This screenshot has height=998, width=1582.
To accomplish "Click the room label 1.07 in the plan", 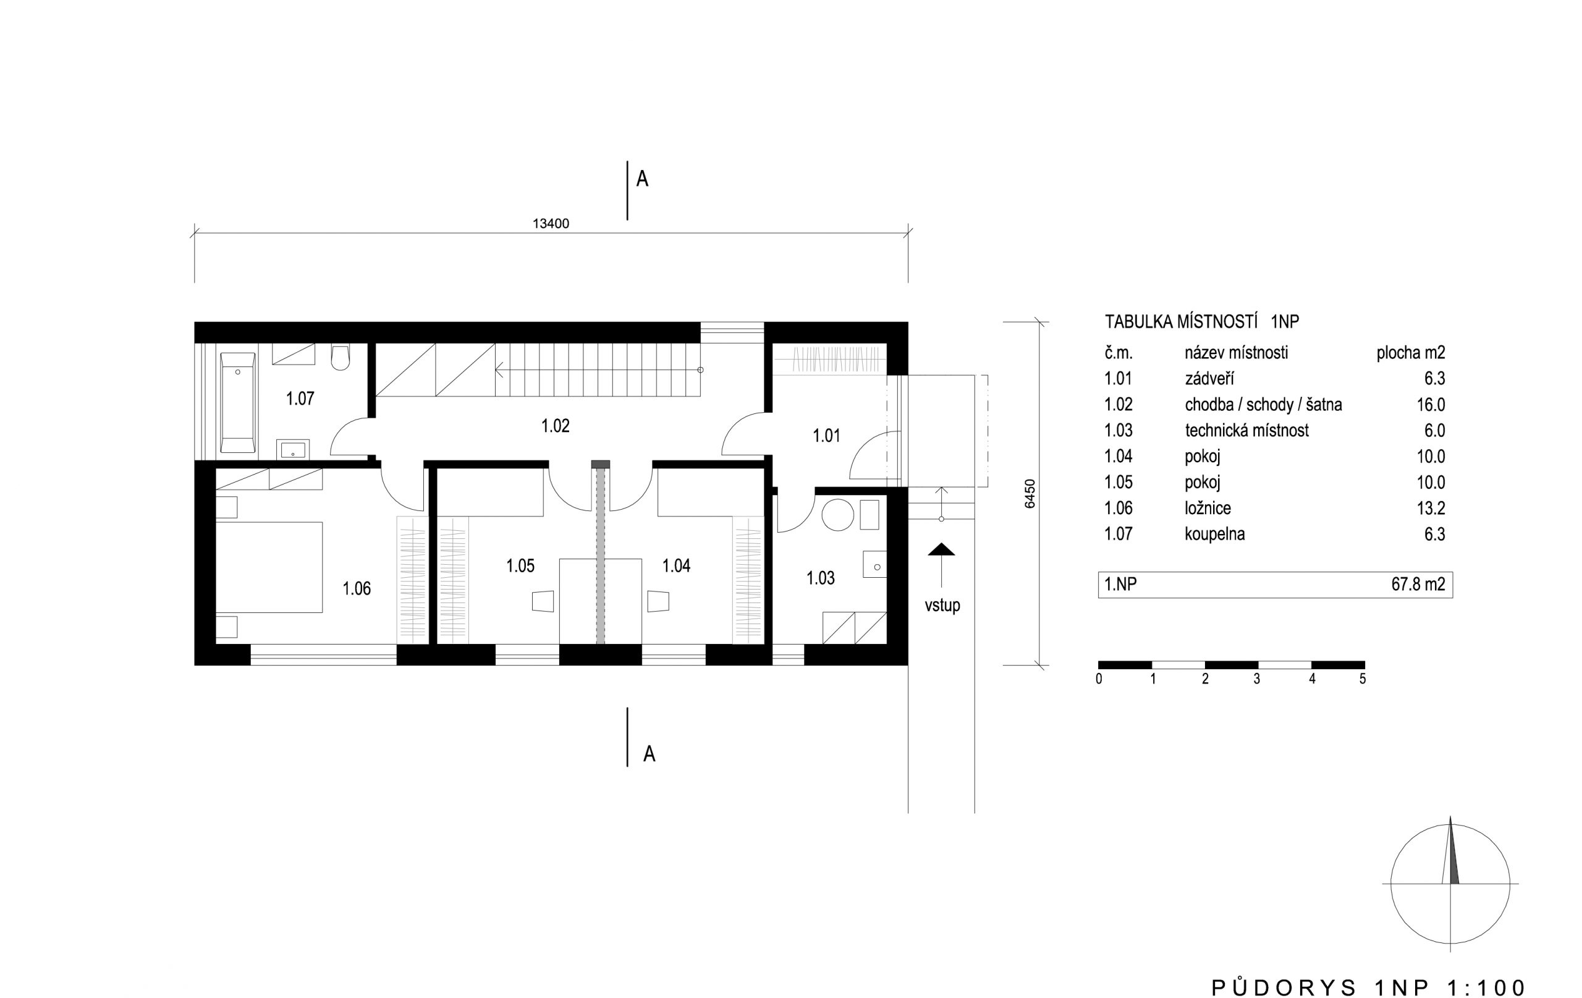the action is pos(300,399).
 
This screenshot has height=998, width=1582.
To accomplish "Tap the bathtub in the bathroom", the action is pos(237,402).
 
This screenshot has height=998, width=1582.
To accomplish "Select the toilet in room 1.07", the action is pos(341,357).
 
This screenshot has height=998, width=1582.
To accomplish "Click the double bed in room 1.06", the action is pos(269,567).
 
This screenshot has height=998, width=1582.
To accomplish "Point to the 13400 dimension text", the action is pos(551,223).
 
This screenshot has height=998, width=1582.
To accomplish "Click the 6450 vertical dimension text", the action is pos(1030,493).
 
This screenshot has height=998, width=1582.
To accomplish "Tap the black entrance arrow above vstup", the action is pos(941,550).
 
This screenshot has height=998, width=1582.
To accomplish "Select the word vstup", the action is pos(943,605).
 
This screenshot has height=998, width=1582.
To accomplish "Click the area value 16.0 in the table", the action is pos(1431,405).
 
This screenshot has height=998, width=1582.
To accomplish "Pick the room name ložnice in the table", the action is pos(1208,508).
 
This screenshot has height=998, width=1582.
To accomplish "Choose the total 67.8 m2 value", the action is pos(1418,584).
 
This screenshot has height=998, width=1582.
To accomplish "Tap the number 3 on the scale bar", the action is pos(1257,679).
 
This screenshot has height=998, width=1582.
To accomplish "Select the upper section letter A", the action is pos(643,179).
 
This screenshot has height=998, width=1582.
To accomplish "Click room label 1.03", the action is pos(821,578).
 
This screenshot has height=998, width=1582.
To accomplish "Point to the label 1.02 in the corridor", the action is pos(555,426).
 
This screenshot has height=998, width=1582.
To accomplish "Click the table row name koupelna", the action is pos(1215,534).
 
